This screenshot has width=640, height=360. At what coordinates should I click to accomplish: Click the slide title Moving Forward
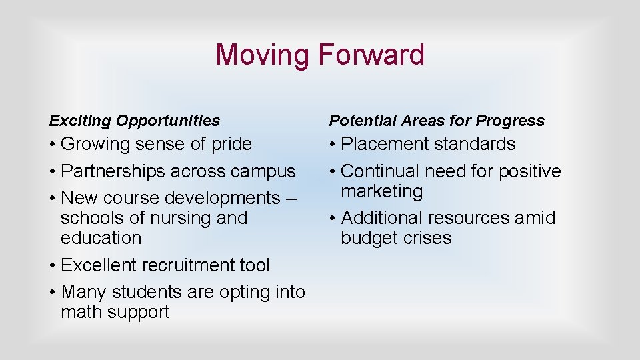coord(320,55)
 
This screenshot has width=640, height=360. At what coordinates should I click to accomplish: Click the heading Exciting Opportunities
coord(134,121)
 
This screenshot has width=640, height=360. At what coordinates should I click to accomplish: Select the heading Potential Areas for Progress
coord(437,121)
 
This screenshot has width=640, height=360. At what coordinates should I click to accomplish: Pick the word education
coord(101,238)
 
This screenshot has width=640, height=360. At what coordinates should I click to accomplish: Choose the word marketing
coord(381,191)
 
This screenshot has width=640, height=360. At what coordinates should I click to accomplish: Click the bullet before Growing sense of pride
coord(53,145)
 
